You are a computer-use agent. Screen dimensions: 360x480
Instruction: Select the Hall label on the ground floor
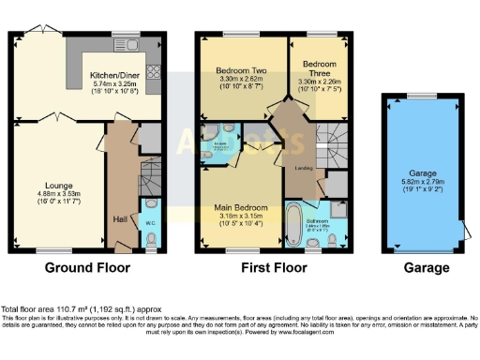(x=119, y=217)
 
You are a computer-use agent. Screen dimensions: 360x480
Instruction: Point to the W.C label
(x=151, y=223)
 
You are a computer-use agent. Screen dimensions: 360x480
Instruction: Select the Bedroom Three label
(x=322, y=69)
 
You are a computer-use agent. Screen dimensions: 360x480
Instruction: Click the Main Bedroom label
(x=241, y=208)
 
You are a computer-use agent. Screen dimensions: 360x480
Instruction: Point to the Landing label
(x=304, y=168)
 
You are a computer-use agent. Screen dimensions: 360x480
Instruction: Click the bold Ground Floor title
(x=86, y=268)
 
